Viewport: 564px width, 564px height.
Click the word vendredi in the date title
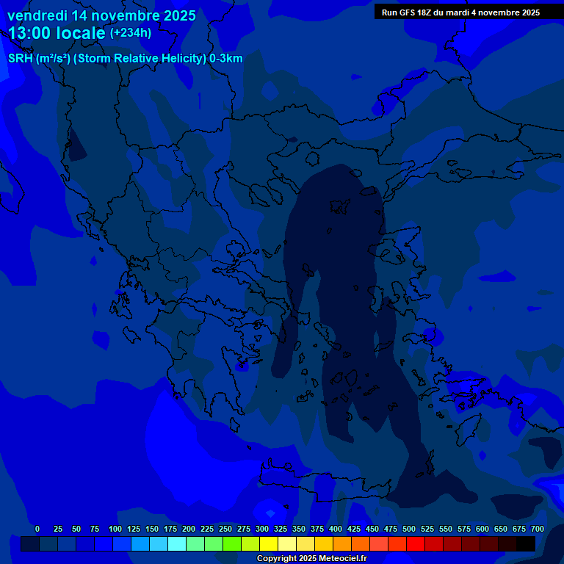pos(37,15)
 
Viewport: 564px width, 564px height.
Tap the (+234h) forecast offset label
pos(131,32)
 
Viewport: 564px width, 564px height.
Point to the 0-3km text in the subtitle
pos(225,59)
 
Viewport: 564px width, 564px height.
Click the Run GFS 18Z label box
pos(460,12)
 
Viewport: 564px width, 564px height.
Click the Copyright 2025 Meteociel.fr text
pos(311,559)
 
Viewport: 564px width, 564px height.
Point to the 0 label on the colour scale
pos(37,529)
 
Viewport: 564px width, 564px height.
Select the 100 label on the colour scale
pos(115,529)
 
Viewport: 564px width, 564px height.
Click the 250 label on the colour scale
pos(225,529)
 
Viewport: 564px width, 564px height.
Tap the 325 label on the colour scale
pos(281,529)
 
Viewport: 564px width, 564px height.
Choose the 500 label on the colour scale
pos(409,529)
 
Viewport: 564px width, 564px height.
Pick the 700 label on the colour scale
pos(538,529)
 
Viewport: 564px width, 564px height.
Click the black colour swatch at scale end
pos(526,543)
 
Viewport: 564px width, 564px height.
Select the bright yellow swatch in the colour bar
pos(269,543)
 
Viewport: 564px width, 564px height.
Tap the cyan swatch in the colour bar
pos(177,543)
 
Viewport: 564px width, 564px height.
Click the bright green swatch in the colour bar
pos(232,543)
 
